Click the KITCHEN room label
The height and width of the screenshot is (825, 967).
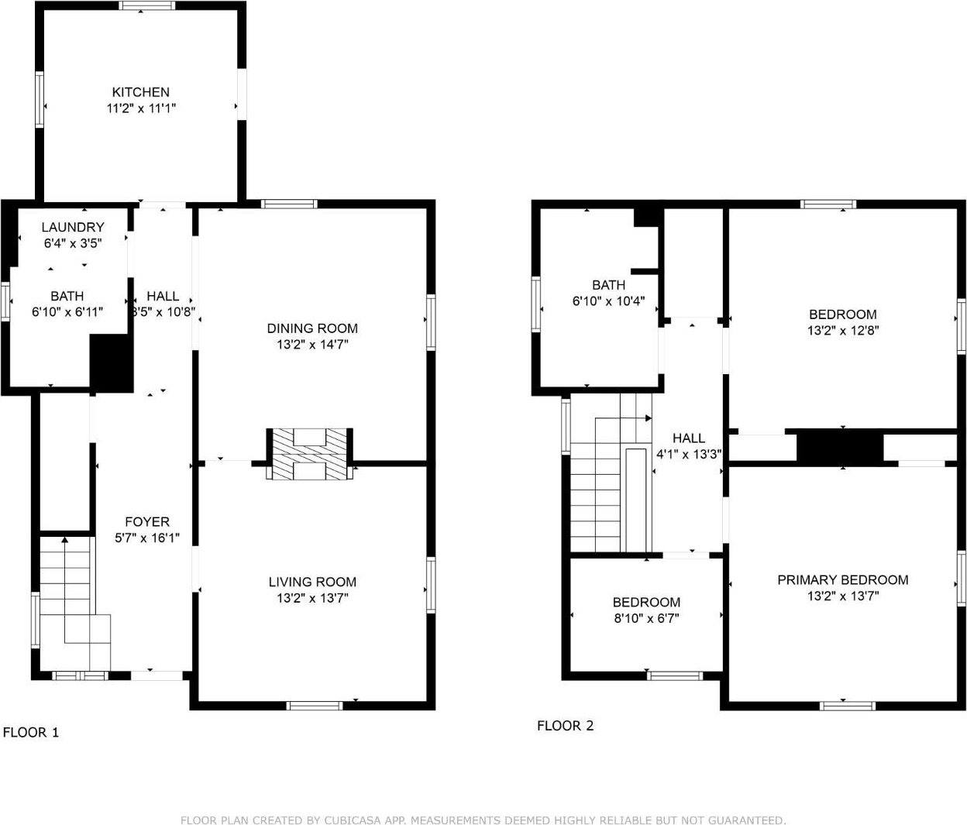pos(140,91)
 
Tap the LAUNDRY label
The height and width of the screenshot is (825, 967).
pos(72,227)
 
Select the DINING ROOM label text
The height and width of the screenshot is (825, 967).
pos(312,328)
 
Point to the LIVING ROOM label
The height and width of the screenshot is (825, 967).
pos(312,582)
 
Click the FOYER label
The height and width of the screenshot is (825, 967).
pos(146,521)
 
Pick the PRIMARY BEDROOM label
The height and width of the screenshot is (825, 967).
pos(842,579)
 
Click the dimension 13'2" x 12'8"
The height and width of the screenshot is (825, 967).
pos(842,330)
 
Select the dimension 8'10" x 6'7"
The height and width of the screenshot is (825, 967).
pos(646,618)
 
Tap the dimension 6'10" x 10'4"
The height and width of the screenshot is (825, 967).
pos(608,301)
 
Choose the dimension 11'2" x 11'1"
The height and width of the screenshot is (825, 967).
pos(140,108)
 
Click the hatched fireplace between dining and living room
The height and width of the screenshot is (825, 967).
pos(310,454)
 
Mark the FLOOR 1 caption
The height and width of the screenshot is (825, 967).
pos(31,732)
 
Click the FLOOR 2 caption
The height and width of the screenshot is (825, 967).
pos(565,726)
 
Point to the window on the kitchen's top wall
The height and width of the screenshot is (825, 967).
pos(147,6)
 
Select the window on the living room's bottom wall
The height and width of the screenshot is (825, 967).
pos(315,705)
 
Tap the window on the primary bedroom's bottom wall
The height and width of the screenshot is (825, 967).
pos(848,705)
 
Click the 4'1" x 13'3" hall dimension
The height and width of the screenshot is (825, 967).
pos(689,455)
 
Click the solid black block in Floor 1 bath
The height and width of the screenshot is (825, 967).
pos(112,363)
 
